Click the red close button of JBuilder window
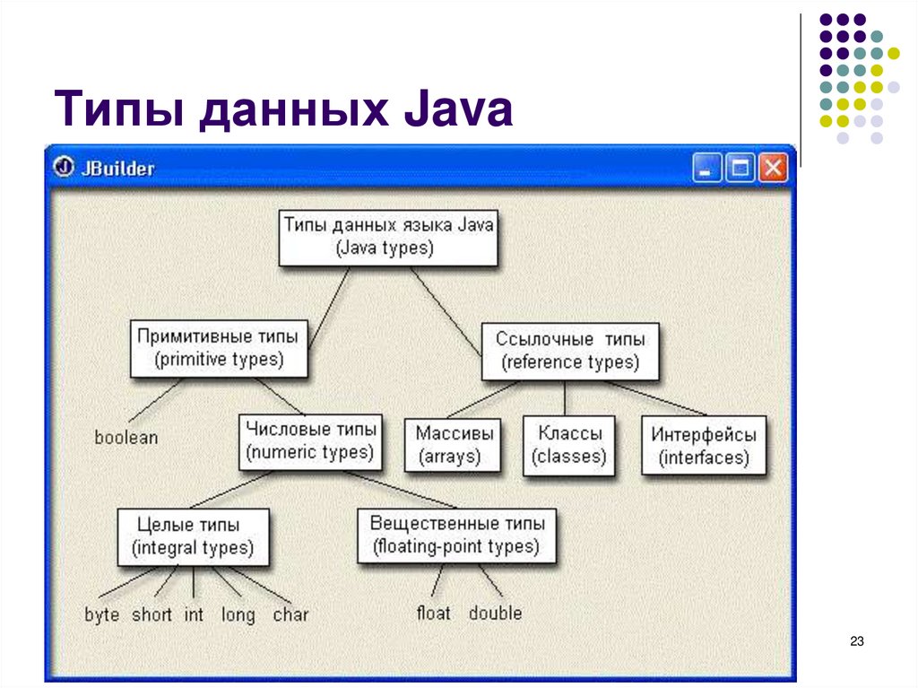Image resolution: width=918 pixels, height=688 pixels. pyautogui.click(x=772, y=168)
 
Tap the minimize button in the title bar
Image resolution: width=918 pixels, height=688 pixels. pyautogui.click(x=707, y=168)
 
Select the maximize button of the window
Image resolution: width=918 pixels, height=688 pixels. pyautogui.click(x=740, y=168)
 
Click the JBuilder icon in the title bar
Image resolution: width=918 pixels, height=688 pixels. pyautogui.click(x=63, y=168)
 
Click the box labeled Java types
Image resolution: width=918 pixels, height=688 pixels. pyautogui.click(x=387, y=237)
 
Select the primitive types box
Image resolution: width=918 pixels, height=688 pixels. pyautogui.click(x=218, y=348)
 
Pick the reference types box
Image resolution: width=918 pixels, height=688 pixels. pyautogui.click(x=569, y=351)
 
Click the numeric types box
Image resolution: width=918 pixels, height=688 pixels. pyautogui.click(x=310, y=440)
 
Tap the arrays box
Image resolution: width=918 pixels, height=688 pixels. pyautogui.click(x=454, y=445)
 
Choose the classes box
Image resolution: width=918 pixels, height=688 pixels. pyautogui.click(x=568, y=445)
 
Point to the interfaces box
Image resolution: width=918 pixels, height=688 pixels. pyautogui.click(x=704, y=446)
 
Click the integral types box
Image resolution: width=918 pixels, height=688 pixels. pyautogui.click(x=192, y=536)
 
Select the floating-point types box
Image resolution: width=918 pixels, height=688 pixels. pyautogui.click(x=455, y=536)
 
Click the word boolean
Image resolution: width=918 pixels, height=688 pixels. pyautogui.click(x=126, y=438)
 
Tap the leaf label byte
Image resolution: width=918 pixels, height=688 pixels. pyautogui.click(x=101, y=615)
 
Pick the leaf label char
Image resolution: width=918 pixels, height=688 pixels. pyautogui.click(x=290, y=615)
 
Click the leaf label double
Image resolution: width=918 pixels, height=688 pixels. pyautogui.click(x=495, y=614)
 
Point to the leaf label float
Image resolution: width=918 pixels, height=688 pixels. pyautogui.click(x=433, y=614)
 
